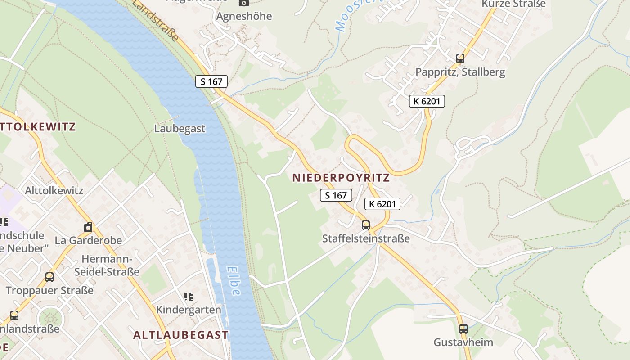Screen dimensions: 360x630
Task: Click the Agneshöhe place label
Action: (244, 16)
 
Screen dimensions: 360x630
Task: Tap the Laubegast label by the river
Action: (180, 128)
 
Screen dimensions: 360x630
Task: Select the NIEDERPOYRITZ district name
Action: (341, 177)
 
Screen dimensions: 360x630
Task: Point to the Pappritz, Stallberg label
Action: (460, 72)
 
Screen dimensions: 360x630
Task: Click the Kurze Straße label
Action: (513, 4)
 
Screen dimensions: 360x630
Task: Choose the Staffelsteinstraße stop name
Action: (366, 238)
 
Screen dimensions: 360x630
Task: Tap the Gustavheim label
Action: (463, 342)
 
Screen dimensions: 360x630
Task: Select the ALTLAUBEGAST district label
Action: (181, 335)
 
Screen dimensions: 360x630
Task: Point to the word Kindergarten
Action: (189, 310)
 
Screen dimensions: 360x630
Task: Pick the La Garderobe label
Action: (88, 240)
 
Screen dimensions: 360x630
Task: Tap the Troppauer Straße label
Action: (49, 290)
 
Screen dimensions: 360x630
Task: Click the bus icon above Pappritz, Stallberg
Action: (460, 58)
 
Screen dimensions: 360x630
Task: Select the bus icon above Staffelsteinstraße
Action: (366, 225)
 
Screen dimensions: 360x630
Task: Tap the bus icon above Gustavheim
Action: (463, 328)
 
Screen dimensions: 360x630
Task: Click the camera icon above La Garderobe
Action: (88, 227)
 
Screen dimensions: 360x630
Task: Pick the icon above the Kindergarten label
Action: (189, 296)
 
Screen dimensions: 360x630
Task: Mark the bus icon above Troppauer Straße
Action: (49, 277)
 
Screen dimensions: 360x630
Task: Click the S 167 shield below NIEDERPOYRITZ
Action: (336, 195)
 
